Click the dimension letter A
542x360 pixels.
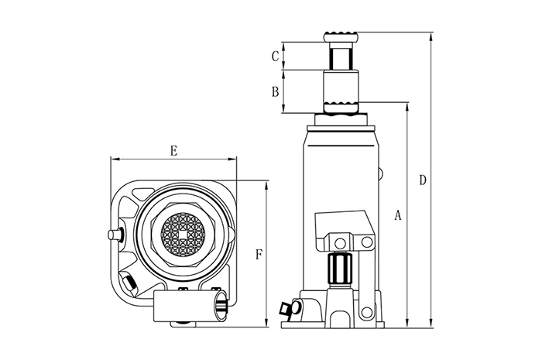397,215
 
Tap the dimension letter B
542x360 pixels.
274,91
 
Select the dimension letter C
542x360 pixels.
274,56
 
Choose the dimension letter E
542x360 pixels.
173,151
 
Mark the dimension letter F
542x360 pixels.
259,254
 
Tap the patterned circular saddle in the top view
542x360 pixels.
183,233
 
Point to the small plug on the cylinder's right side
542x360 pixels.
379,173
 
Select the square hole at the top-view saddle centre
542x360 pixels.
183,233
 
